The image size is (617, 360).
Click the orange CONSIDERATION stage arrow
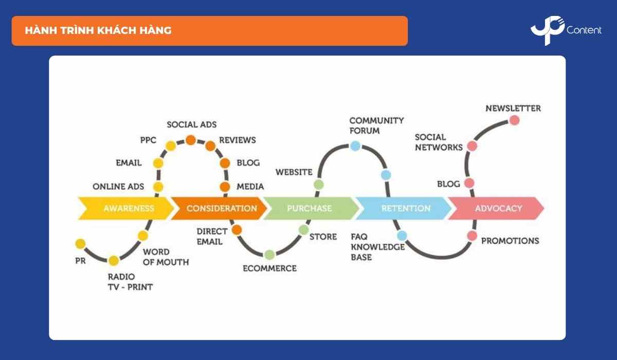coord(219,208)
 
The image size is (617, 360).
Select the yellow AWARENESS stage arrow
coord(126,208)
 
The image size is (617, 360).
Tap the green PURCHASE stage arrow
coord(310,208)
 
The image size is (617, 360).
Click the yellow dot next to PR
coord(80,243)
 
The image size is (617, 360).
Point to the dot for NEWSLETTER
coord(514,120)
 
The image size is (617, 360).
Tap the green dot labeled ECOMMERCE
coord(269,254)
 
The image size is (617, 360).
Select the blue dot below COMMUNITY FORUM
coord(355,146)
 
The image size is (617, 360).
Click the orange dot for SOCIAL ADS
coord(191,139)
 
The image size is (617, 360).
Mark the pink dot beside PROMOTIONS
coord(472,236)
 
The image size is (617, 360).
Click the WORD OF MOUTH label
coord(166,257)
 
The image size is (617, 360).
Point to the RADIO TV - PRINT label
coord(130,282)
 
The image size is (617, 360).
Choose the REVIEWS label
coord(237,140)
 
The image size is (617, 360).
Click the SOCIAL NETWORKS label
coord(439,142)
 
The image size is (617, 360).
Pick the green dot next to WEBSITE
coord(319,184)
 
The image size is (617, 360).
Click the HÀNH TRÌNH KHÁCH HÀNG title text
coord(98,30)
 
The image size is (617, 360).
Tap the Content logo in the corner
coord(566,30)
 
